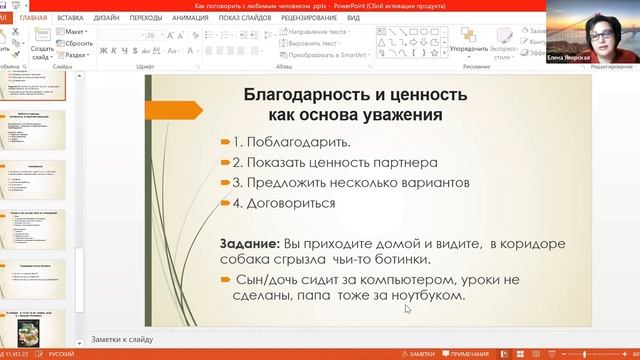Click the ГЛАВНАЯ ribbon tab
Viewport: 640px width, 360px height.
32,18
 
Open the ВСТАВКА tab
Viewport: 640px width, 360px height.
70,18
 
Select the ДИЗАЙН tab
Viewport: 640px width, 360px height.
107,18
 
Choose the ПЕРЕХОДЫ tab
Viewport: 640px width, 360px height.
146,18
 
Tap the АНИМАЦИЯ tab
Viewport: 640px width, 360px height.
190,18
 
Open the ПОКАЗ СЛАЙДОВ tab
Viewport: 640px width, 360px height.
243,18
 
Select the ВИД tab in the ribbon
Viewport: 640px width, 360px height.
354,18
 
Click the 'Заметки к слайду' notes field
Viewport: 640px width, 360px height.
122,338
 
